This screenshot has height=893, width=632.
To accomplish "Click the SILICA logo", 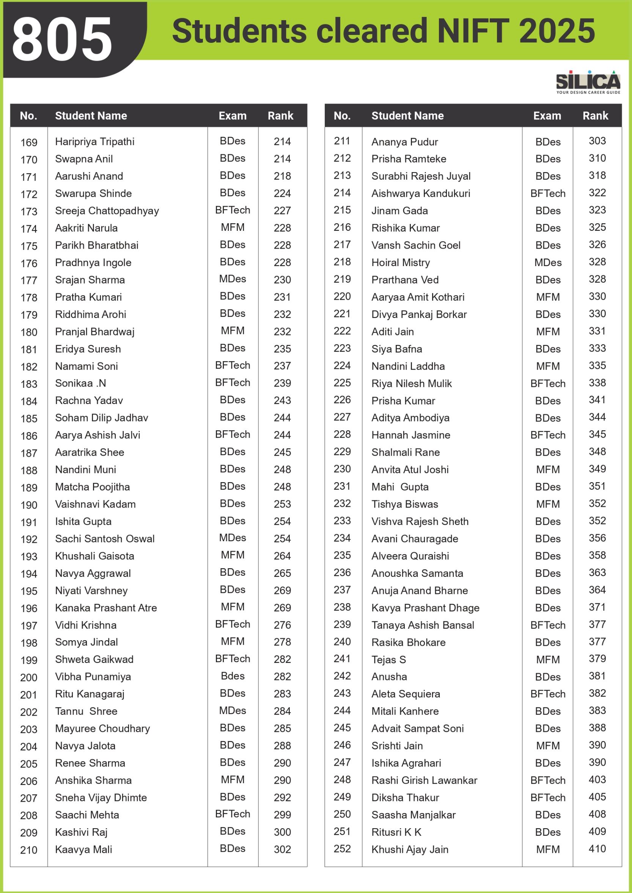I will coord(588,81).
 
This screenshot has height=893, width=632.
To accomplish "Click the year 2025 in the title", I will coord(557,31).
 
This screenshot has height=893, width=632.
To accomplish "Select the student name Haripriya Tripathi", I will coord(94,142).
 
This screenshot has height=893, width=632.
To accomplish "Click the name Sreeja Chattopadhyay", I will coord(107,211).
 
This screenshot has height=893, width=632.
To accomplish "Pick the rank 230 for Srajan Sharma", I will coord(282,280).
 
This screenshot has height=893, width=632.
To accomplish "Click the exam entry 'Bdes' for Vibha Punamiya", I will coord(232,676).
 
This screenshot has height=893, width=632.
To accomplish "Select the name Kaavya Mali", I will coord(84,849).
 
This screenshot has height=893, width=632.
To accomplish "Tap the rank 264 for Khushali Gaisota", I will coord(282,556).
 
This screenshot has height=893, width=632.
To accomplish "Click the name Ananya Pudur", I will coord(405,142).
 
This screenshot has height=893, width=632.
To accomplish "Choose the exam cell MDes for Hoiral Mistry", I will coord(547,263).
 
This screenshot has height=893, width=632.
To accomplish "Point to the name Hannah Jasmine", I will coord(410,435).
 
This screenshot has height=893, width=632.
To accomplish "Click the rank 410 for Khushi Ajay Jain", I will coord(597,849).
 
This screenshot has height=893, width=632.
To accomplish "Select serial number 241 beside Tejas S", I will coord(342,658).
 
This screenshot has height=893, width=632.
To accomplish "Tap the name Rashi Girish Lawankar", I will coord(424,780).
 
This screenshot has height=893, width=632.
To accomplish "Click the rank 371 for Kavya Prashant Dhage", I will coord(597,607).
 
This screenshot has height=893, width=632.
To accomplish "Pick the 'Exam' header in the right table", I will coord(547,116).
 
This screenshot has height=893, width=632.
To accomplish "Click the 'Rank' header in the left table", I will coord(280,116).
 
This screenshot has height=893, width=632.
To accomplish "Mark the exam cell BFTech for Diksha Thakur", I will coord(547,798).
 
